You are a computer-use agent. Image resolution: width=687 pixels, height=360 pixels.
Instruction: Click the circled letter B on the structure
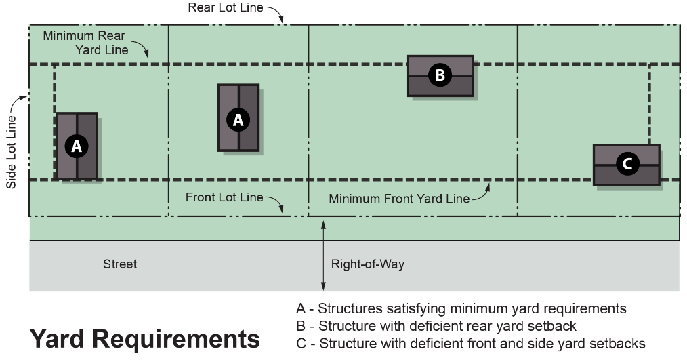coord(439,75)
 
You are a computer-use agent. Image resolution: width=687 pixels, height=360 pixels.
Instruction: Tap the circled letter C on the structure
coord(627,163)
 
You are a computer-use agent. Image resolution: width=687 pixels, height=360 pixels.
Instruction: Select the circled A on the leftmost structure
coord(76,145)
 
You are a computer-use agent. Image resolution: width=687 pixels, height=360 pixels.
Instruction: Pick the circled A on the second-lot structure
coord(238,119)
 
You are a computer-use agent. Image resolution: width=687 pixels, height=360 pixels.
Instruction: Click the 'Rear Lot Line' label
coord(226,7)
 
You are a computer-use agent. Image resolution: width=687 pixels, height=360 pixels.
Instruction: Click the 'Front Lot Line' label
coord(224,197)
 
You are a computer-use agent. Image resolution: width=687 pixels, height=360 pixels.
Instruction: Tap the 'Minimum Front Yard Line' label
coord(399,199)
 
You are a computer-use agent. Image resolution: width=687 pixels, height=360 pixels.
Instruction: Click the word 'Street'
coord(120,264)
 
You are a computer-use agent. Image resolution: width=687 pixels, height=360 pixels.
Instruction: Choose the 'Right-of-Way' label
coord(368,264)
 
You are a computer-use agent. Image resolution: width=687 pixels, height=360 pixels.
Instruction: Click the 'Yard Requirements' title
coord(145,338)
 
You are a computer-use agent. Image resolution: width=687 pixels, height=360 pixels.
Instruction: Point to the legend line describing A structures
coord(461,308)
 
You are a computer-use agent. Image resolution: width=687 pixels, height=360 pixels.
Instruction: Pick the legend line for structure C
coord(471,343)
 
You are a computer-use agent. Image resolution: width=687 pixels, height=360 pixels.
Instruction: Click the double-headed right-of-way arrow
coord(323,257)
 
